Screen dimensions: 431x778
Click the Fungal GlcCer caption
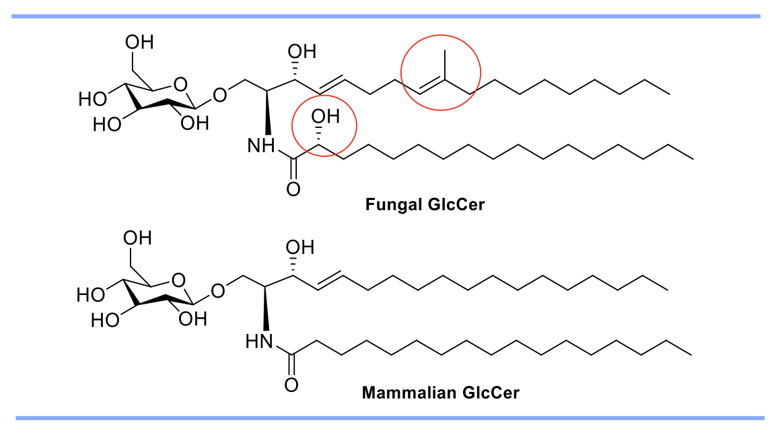point(425,205)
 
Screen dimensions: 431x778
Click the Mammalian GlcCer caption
point(441,393)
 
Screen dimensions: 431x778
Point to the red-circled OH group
point(325,119)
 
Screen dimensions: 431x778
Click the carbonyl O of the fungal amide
point(293,189)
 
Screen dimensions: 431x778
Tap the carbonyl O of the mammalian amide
point(291,385)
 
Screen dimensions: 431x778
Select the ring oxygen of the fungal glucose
point(178,85)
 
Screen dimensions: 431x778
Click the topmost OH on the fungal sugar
point(139,42)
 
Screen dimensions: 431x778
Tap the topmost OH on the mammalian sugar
point(137,238)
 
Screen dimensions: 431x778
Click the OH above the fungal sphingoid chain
point(300,51)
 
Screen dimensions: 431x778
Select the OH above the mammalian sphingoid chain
point(299,247)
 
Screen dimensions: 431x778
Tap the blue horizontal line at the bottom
point(389,418)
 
